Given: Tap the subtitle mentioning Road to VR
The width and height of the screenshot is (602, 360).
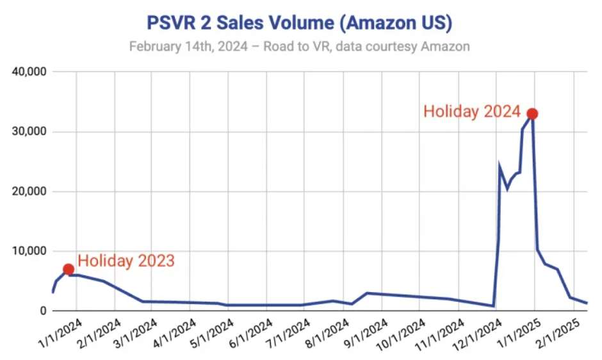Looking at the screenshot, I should pos(299,47).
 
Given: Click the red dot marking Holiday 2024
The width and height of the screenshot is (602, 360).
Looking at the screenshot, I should pos(532,114).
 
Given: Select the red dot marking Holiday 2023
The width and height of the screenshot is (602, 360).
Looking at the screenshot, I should pos(69,269).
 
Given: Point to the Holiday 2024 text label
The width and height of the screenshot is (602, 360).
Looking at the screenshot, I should pos(472,111).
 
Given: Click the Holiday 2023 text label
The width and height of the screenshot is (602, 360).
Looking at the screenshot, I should pos(126,261).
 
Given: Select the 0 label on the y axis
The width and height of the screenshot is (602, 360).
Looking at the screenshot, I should pos(42,311).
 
